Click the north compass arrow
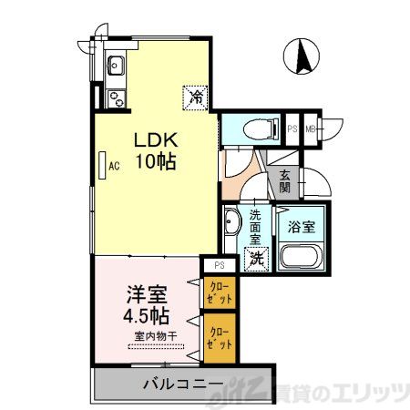[302, 58]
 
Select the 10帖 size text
[155, 163]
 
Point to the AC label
[115, 167]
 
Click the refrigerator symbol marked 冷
[196, 95]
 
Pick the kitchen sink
[116, 66]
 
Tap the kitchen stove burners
[116, 95]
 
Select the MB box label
[311, 128]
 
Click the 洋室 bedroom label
[146, 296]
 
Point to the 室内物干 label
[156, 336]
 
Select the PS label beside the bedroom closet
[220, 265]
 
